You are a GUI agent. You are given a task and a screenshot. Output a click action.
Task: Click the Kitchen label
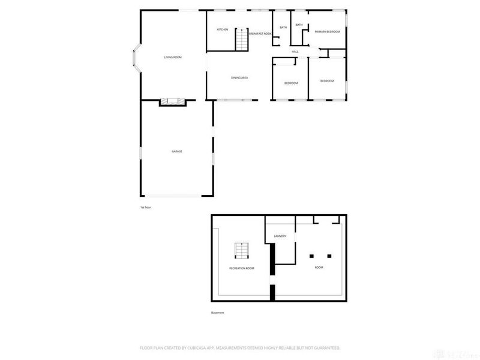pyautogui.click(x=223, y=29)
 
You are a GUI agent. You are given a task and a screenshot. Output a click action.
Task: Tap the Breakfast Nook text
pyautogui.click(x=260, y=34)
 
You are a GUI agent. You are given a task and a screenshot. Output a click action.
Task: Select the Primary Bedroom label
pyautogui.click(x=327, y=31)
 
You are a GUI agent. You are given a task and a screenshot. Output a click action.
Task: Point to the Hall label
pyautogui.click(x=295, y=52)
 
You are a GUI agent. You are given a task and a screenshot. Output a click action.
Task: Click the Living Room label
pyautogui.click(x=173, y=57)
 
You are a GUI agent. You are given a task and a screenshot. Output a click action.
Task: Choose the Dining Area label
pyautogui.click(x=240, y=77)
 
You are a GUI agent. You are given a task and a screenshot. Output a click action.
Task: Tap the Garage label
pyautogui.click(x=177, y=151)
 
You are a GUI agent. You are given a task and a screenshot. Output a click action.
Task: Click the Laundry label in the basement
pyautogui.click(x=280, y=236)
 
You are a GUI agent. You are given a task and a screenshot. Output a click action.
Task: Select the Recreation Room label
pyautogui.click(x=241, y=268)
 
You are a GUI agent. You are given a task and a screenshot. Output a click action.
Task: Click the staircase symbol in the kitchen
pyautogui.click(x=241, y=40)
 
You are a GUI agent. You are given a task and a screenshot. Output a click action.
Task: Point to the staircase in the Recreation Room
pyautogui.click(x=241, y=251)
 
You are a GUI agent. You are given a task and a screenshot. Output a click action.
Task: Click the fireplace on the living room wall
pyautogui.click(x=173, y=103)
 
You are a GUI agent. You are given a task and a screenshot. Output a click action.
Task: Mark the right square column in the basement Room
pyautogui.click(x=329, y=256)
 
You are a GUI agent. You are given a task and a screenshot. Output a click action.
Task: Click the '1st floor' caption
pyautogui.click(x=146, y=207)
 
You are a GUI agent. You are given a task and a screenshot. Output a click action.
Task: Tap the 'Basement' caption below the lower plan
pyautogui.click(x=217, y=313)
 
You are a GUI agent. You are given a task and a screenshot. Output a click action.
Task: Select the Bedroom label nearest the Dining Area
pyautogui.click(x=291, y=83)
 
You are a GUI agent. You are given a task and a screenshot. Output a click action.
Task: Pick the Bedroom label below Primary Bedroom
pyautogui.click(x=327, y=81)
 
